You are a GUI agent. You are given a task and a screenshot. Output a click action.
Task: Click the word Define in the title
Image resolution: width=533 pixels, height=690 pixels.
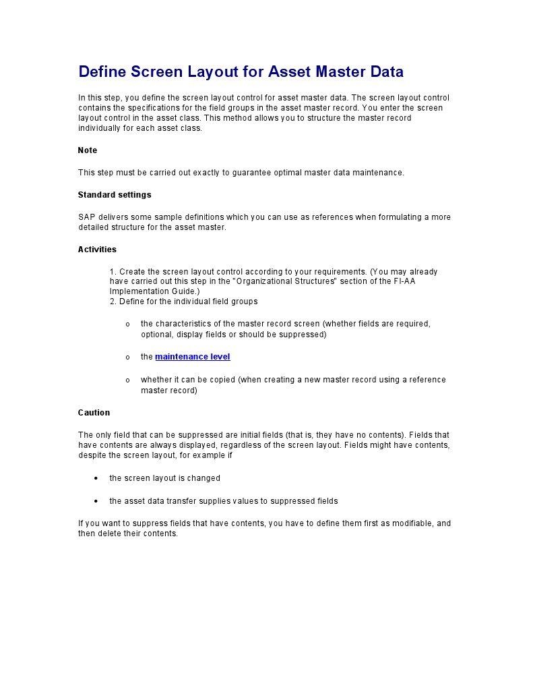tap(102, 71)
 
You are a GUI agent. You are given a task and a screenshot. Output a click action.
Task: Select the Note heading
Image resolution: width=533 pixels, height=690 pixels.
tap(88, 150)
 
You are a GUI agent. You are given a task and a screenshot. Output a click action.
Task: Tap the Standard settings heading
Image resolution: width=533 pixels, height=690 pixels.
tap(115, 195)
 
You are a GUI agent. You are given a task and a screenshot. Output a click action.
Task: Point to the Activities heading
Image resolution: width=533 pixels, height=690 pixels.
tap(97, 250)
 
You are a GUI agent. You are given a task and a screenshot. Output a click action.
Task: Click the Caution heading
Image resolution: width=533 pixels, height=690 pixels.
tap(94, 413)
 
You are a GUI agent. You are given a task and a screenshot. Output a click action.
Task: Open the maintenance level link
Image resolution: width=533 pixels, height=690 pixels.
tap(193, 357)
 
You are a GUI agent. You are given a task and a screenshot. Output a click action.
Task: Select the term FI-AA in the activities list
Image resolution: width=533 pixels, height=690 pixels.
tap(405, 281)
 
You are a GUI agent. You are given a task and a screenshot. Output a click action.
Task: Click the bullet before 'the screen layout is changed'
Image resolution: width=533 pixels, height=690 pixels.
tap(97, 478)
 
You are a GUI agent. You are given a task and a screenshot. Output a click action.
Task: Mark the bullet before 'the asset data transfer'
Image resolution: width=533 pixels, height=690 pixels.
tap(97, 501)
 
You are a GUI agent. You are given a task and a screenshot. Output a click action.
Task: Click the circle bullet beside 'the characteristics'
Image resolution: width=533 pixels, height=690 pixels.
tap(128, 324)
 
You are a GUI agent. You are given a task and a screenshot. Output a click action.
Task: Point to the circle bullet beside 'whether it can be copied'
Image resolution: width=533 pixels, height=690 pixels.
tap(128, 380)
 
